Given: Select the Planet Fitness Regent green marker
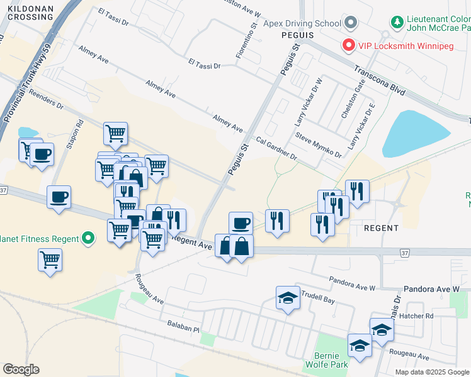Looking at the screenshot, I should [x=88, y=239].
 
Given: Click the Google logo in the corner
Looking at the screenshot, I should [x=21, y=369].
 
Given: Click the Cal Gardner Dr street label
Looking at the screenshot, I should [x=276, y=147].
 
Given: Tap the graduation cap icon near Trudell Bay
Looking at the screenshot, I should [x=288, y=298].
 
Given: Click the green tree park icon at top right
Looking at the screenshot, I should [x=397, y=23].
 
